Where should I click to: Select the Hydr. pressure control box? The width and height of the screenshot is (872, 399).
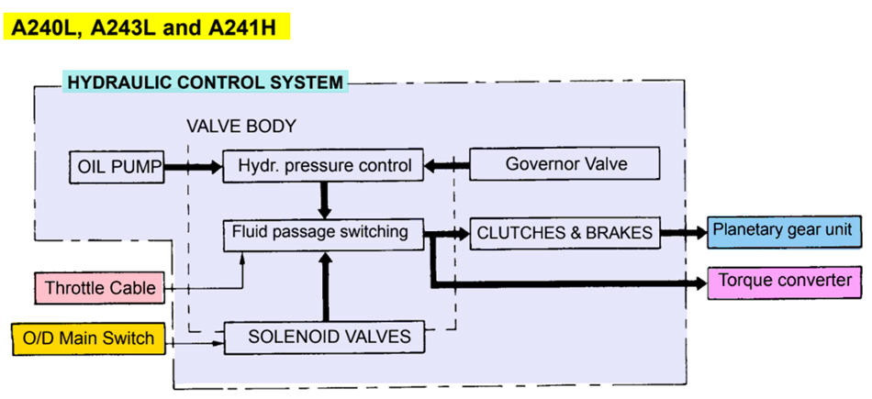pyautogui.click(x=323, y=166)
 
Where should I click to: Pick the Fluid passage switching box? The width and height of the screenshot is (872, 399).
pyautogui.click(x=323, y=232)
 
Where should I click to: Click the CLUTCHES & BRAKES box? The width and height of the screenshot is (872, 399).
pyautogui.click(x=565, y=233)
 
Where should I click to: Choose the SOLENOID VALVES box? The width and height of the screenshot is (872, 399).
pyautogui.click(x=323, y=338)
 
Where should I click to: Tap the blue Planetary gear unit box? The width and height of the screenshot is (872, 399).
pyautogui.click(x=784, y=229)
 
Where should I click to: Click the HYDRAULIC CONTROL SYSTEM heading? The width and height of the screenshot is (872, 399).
pyautogui.click(x=204, y=83)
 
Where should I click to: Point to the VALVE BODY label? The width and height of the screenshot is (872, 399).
pyautogui.click(x=241, y=126)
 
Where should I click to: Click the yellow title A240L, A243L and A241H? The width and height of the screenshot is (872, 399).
pyautogui.click(x=147, y=27)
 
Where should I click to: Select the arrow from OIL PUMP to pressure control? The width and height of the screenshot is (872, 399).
pyautogui.click(x=194, y=167)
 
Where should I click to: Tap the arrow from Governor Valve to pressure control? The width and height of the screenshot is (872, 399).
pyautogui.click(x=447, y=167)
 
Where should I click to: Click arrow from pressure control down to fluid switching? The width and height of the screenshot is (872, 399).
pyautogui.click(x=323, y=199)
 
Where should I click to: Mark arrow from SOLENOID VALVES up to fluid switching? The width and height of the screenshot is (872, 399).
pyautogui.click(x=323, y=285)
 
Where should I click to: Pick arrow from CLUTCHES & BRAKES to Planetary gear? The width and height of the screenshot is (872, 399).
pyautogui.click(x=683, y=233)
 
